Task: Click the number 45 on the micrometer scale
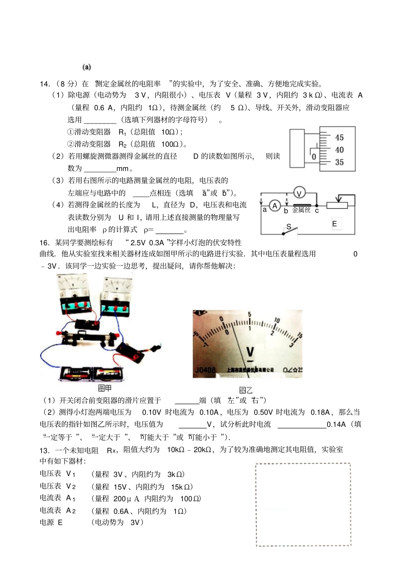[339, 137]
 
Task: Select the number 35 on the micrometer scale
[339, 162]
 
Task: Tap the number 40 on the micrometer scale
[339, 150]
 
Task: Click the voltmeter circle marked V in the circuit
[299, 193]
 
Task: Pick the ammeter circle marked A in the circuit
[274, 206]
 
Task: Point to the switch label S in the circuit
[289, 227]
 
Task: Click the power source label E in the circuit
[334, 224]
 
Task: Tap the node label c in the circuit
[316, 210]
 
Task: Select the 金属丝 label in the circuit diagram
[301, 210]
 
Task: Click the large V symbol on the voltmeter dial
[250, 352]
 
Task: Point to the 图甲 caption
[105, 388]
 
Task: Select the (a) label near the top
[87, 67]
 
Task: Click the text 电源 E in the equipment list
[51, 523]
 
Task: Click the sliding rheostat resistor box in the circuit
[337, 205]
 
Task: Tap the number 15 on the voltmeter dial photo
[299, 336]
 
